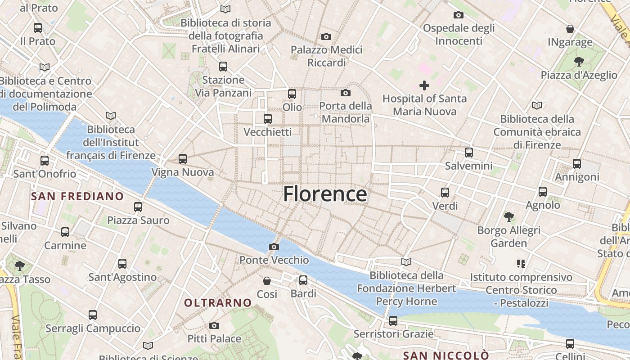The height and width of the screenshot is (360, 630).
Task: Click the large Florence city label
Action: coord(325,194)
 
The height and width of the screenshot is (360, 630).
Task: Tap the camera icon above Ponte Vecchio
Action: coord(274,247)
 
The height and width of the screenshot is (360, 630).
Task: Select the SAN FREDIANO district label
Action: coord(77,196)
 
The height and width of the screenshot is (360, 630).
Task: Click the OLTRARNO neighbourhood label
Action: coord(218,303)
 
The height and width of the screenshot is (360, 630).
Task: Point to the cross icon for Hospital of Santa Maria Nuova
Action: coord(424,85)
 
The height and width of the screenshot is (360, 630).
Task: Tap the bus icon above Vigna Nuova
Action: coord(182,158)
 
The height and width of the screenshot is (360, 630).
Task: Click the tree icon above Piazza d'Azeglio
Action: coord(579,61)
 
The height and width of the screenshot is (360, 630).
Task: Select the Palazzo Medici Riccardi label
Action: coord(326,56)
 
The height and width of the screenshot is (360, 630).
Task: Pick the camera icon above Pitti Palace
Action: coord(214,325)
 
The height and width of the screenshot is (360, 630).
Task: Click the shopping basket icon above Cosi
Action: coord(267,281)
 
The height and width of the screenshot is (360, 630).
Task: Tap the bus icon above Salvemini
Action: coord(469,152)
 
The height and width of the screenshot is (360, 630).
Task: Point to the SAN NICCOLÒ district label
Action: coord(445,355)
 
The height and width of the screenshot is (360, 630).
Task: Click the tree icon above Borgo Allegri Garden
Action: coord(509,217)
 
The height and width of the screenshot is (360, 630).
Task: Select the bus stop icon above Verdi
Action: coord(445,192)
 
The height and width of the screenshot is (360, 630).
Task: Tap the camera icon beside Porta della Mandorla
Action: coord(346,93)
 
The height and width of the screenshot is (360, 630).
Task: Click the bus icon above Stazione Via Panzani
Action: coord(223,67)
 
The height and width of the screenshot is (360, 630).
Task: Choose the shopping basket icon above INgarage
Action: coord(570,29)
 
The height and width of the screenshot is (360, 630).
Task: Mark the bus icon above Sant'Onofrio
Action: coord(45,160)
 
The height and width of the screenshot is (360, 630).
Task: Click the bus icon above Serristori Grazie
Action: coord(393,320)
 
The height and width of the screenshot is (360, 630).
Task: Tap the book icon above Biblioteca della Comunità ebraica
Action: coord(537,105)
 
